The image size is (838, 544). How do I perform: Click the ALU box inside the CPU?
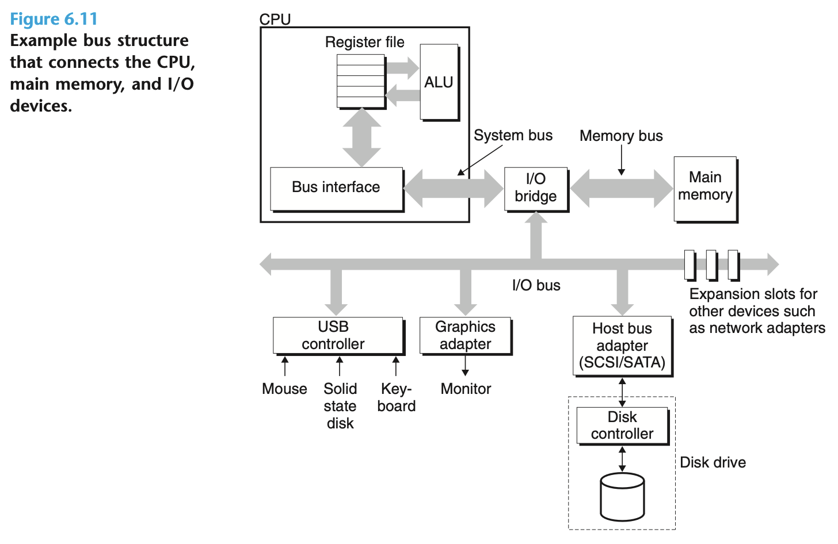click(439, 82)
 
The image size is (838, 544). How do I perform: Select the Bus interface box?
click(336, 188)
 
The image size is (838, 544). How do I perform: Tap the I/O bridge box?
click(536, 189)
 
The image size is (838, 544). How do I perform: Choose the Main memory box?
click(705, 188)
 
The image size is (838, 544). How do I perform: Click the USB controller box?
click(338, 335)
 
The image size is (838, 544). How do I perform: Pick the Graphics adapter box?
click(465, 335)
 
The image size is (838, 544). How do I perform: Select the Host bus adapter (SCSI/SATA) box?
click(622, 346)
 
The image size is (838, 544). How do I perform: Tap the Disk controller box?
click(622, 426)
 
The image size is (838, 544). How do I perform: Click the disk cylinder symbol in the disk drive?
click(622, 497)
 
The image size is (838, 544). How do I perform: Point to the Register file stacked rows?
click(361, 81)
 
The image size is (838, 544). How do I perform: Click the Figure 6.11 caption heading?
click(54, 19)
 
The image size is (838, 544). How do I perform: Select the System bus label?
click(513, 136)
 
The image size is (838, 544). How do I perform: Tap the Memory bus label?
click(621, 136)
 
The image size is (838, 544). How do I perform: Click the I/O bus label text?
click(536, 285)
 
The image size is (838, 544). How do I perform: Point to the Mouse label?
click(284, 389)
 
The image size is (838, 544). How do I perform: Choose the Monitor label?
click(466, 389)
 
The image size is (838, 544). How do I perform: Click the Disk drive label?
click(713, 462)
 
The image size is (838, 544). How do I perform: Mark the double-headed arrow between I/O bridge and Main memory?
click(621, 188)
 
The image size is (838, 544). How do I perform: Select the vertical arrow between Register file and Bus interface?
click(361, 137)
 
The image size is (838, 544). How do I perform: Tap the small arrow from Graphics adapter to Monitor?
click(465, 366)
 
